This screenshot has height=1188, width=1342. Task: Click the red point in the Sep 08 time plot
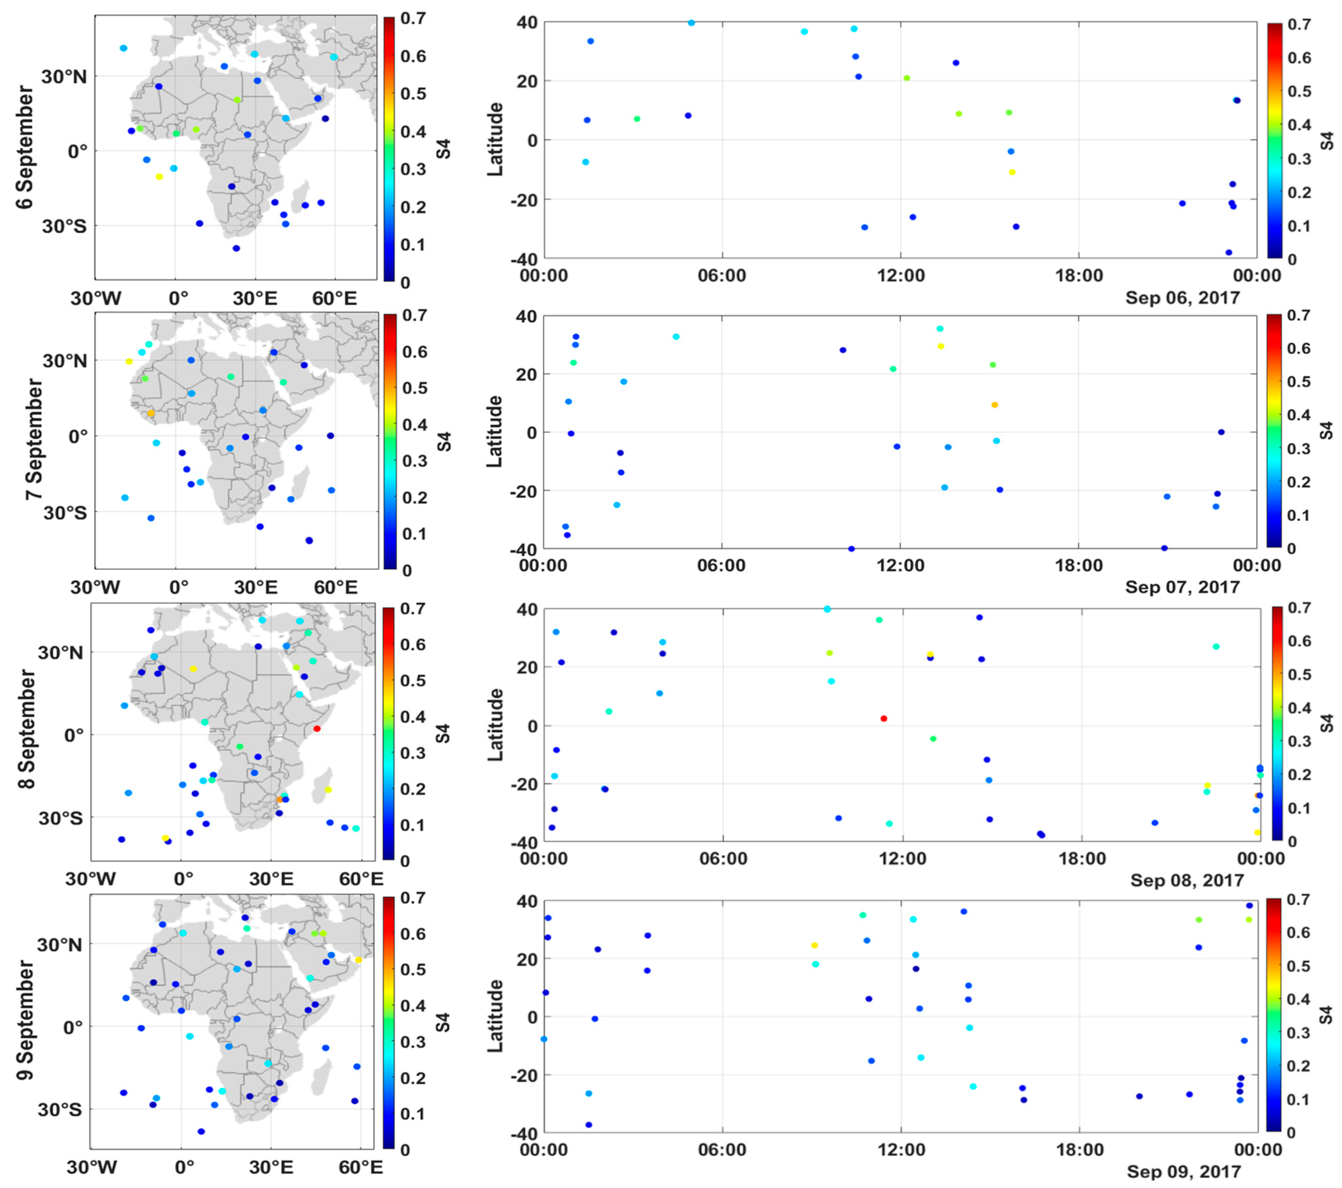tap(884, 719)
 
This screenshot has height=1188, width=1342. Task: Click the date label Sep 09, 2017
tap(1184, 1172)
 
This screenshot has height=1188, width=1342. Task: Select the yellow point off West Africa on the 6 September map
tap(159, 176)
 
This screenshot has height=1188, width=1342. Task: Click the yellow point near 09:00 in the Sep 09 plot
tap(814, 945)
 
